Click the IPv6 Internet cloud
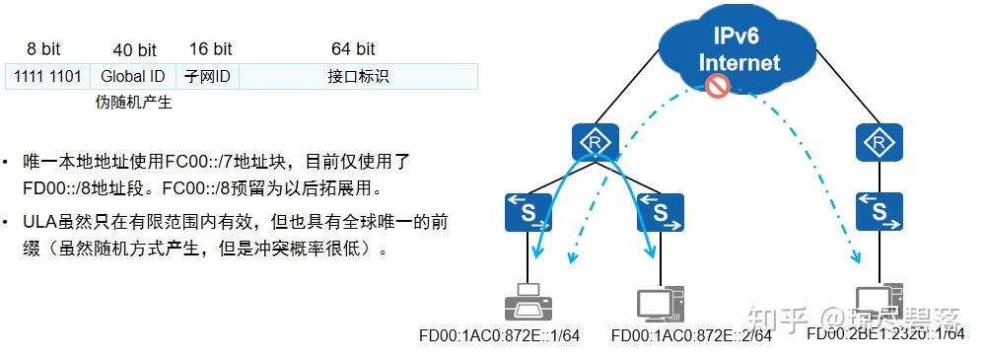(x=739, y=49)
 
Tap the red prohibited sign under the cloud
(x=717, y=88)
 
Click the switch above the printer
(x=530, y=211)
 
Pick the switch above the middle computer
(x=660, y=211)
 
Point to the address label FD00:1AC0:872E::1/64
(x=499, y=336)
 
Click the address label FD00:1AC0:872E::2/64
(x=691, y=336)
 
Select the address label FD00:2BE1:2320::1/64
(x=884, y=334)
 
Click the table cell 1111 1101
(x=48, y=76)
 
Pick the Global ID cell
(x=133, y=76)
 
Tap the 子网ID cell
(x=207, y=76)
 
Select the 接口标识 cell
(x=357, y=76)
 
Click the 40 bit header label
(x=133, y=49)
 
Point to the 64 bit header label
(x=352, y=48)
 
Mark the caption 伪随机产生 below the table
(x=133, y=103)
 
